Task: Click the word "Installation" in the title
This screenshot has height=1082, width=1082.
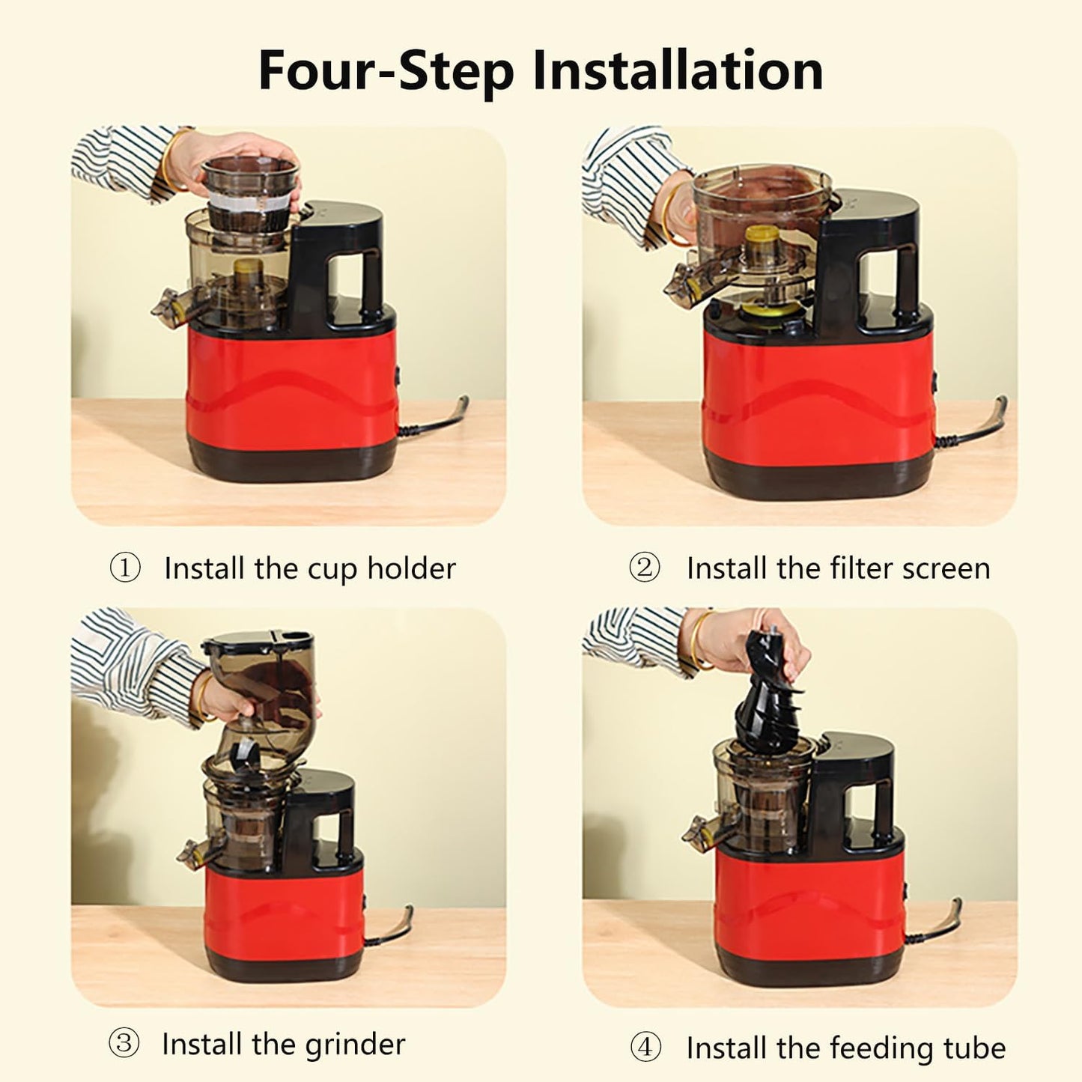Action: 678,70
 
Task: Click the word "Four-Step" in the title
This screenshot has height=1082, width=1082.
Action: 386,70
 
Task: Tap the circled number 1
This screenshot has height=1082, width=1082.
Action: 125,568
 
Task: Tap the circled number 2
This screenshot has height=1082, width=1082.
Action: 644,568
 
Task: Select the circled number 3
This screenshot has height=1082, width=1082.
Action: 124,1043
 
